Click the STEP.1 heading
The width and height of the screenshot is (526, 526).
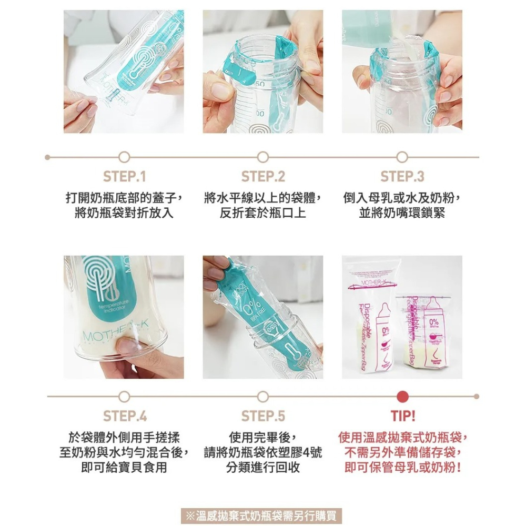124,176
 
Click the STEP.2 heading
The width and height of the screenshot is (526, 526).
263,176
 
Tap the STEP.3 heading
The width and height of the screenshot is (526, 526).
402,176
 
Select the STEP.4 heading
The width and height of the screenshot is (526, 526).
124,416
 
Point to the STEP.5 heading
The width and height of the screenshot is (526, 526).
263,416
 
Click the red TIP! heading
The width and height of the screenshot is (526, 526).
402,416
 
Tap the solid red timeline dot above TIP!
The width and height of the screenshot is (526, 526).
402,396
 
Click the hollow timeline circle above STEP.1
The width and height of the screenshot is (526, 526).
124,157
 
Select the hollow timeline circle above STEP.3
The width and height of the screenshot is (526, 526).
402,157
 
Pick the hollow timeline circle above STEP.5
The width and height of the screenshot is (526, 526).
263,396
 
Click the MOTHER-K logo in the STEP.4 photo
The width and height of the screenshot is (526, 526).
108,335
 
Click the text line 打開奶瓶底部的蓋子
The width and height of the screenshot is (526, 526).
124,198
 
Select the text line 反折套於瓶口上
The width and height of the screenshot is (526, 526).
263,214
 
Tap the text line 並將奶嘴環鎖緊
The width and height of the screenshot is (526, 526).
402,214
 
